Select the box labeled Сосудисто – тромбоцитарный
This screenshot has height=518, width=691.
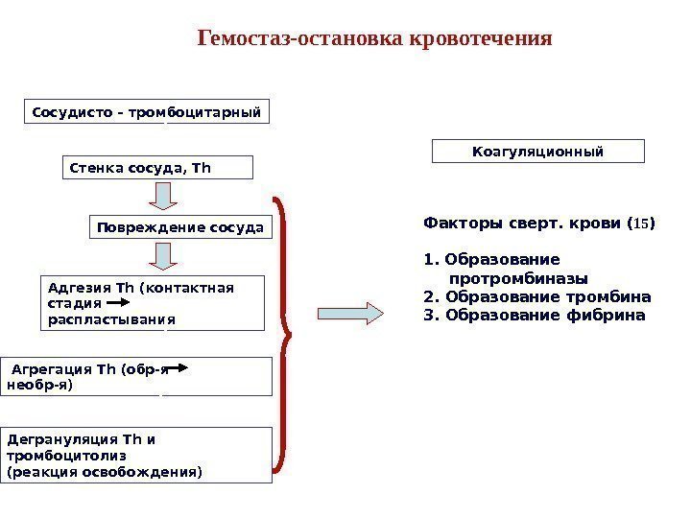(x=147, y=112)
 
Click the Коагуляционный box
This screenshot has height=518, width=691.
(x=538, y=152)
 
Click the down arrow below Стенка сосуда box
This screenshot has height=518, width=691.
(x=164, y=196)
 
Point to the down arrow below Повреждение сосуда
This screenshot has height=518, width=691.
(x=164, y=255)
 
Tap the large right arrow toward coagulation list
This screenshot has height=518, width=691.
(x=348, y=312)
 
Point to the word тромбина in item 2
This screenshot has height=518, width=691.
(x=613, y=295)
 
